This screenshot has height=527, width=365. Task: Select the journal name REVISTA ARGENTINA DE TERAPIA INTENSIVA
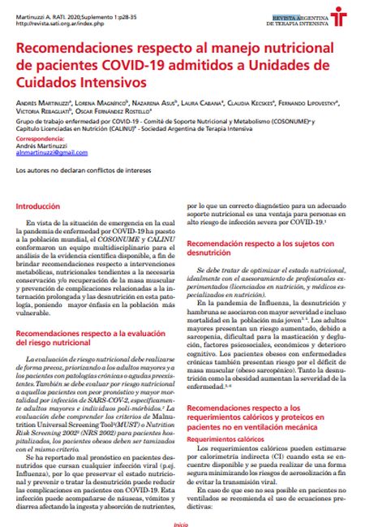point(297,19)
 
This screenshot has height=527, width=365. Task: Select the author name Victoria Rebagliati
point(40,113)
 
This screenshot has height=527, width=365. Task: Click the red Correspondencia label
point(40,138)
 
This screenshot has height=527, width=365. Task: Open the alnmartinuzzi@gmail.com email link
point(52,153)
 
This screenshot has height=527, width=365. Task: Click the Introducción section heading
point(38,208)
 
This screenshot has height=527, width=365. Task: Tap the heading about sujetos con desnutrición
point(261,248)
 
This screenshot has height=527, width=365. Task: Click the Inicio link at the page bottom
point(182,525)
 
